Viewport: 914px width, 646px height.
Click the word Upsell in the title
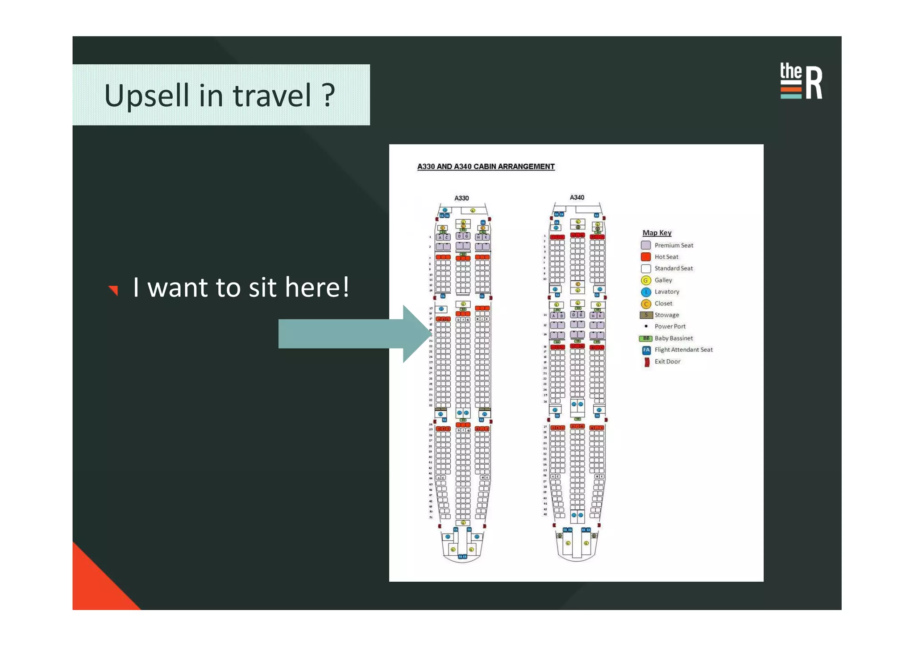[146, 96]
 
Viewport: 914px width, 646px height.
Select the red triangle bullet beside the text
[114, 290]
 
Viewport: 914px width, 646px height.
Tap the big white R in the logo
[814, 83]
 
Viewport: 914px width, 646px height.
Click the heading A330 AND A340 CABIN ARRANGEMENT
[486, 167]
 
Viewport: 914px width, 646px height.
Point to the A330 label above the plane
[461, 198]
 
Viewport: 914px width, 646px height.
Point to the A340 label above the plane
[577, 197]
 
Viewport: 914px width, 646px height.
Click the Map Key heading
[656, 233]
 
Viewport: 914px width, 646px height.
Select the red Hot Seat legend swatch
[645, 257]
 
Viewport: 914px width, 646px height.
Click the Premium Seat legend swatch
[645, 245]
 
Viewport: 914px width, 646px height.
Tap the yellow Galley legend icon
[645, 280]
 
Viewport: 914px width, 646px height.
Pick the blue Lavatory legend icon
[645, 292]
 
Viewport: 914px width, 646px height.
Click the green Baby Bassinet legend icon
[646, 338]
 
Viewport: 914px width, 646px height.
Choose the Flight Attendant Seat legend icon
[646, 350]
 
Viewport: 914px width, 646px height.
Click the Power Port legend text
[669, 326]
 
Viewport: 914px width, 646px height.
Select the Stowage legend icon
[646, 315]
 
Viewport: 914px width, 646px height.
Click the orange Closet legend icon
[645, 304]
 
